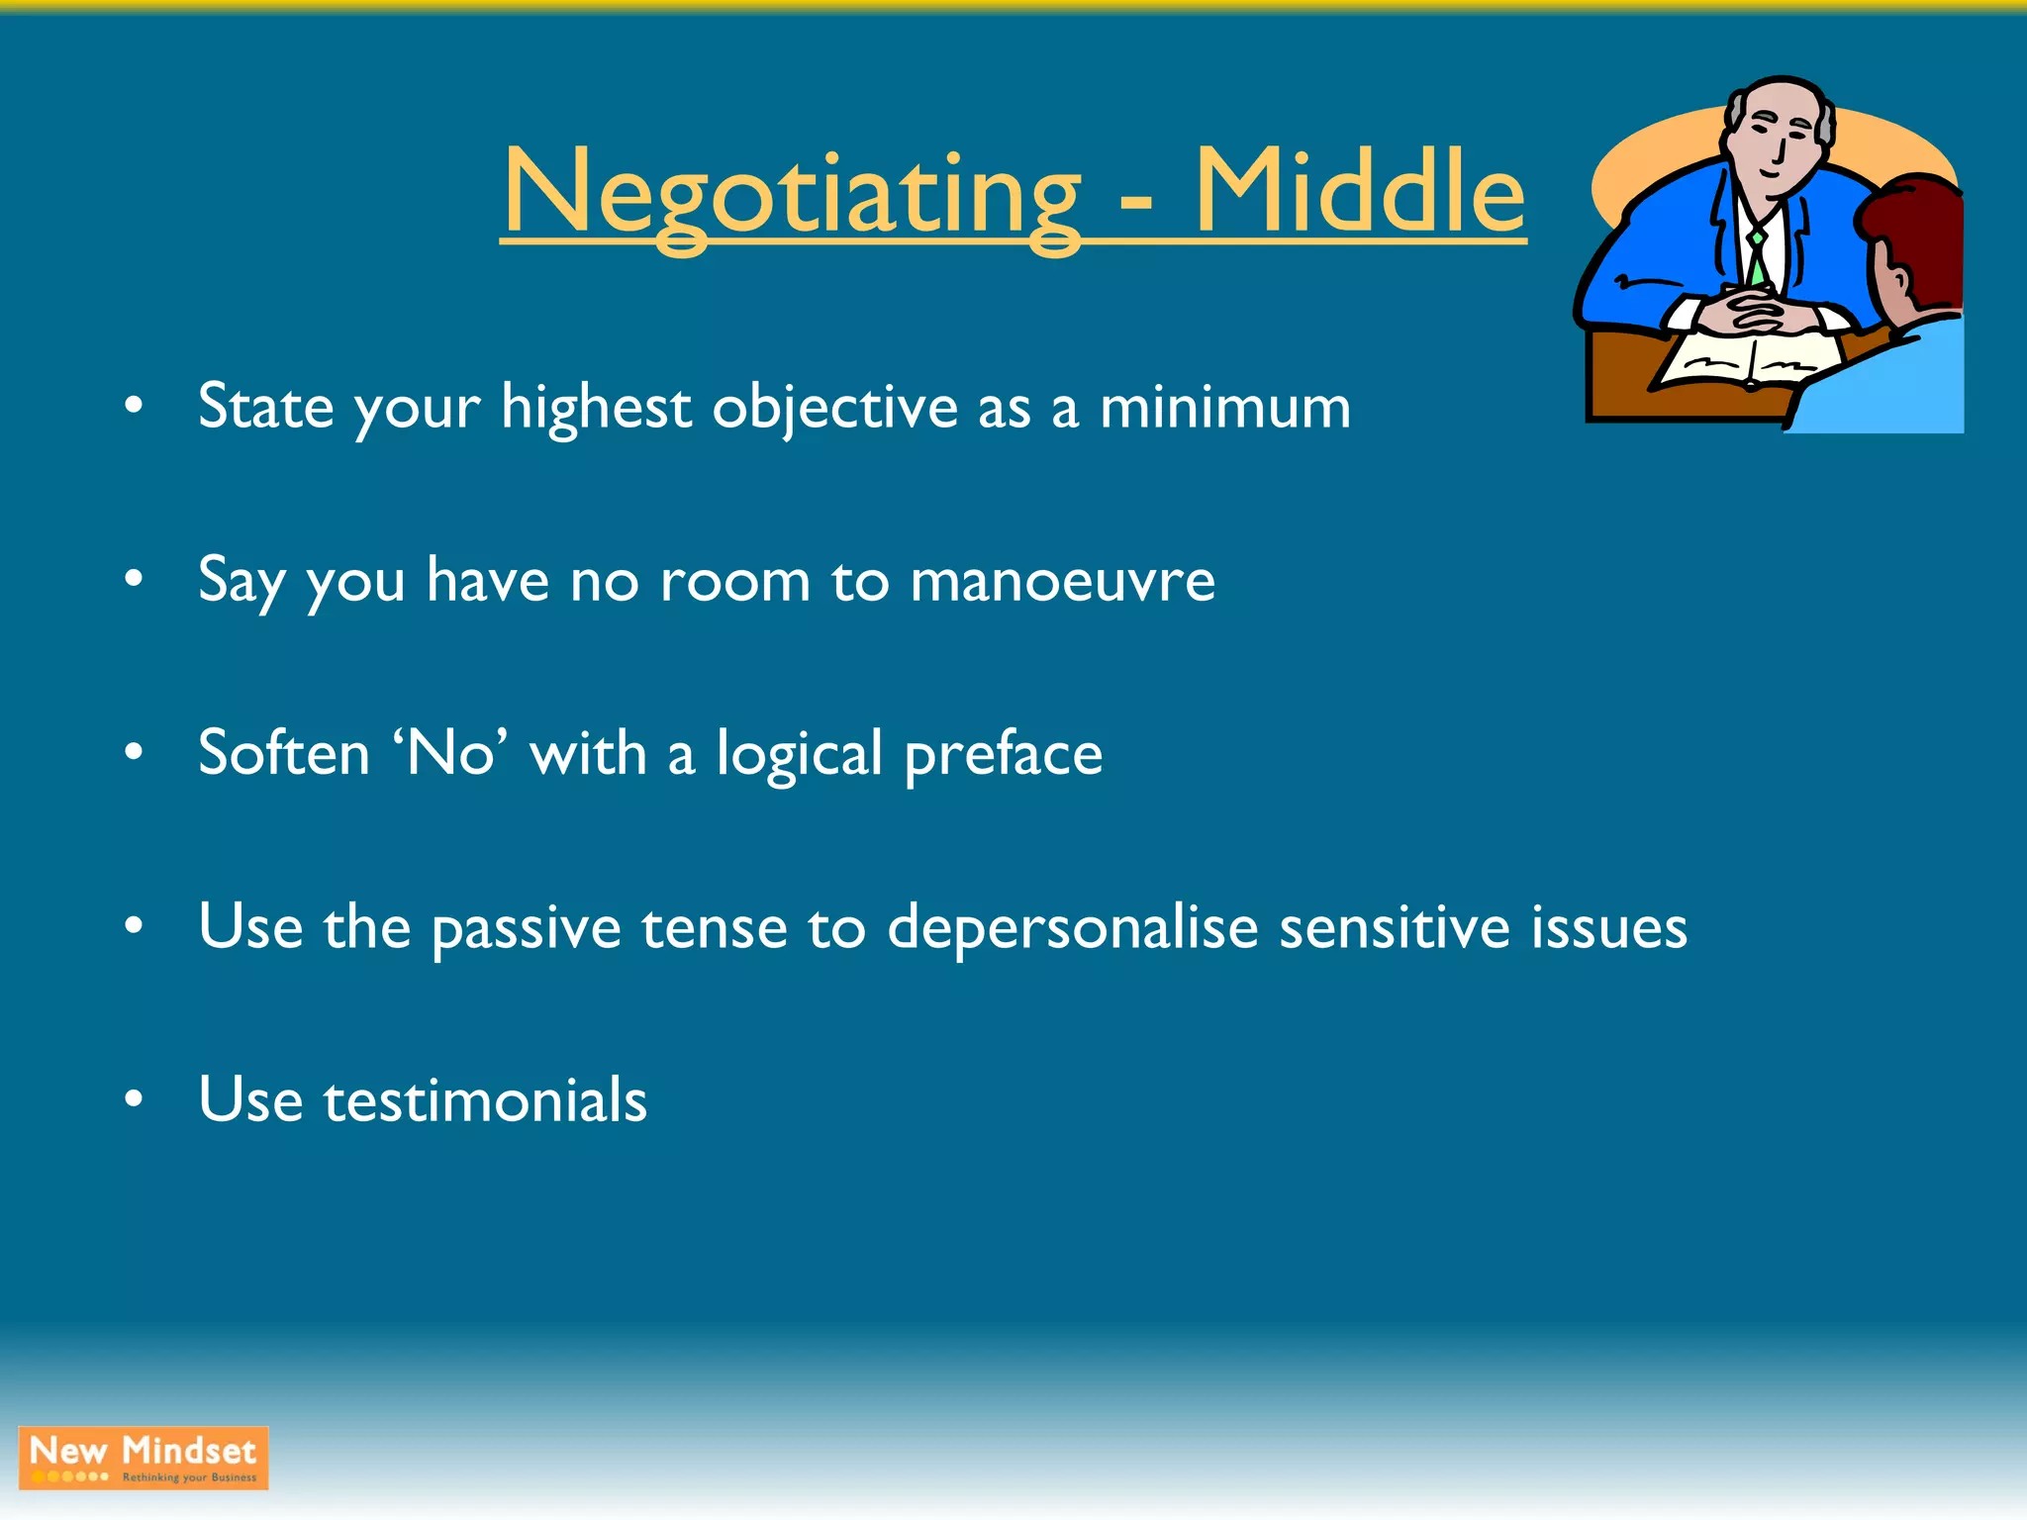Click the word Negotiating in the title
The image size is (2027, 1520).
point(792,193)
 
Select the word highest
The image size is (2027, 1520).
point(596,407)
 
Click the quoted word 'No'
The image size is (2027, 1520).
point(450,753)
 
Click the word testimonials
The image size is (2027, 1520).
point(485,1100)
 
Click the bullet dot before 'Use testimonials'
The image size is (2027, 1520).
point(135,1098)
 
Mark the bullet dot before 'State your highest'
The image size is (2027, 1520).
point(135,405)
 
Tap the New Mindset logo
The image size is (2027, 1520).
point(144,1458)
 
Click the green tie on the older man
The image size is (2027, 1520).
point(1757,257)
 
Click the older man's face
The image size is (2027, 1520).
point(1777,139)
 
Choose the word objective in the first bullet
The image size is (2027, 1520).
point(834,409)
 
